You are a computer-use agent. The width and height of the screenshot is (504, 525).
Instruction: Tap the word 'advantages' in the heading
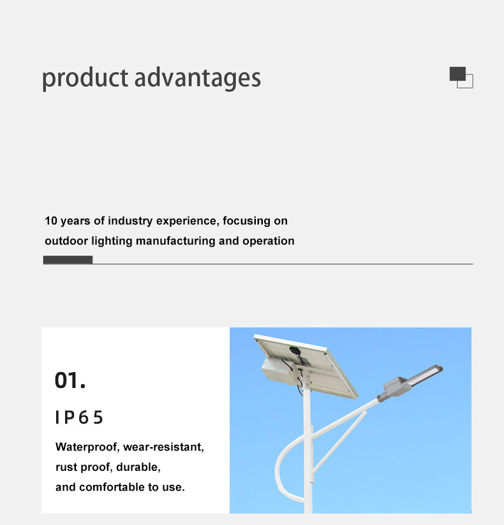[198, 79]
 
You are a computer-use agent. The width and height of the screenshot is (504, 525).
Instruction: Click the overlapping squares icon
[461, 77]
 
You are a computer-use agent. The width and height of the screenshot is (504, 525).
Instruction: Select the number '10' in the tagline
[51, 221]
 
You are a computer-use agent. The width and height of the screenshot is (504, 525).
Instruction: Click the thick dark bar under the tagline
[68, 260]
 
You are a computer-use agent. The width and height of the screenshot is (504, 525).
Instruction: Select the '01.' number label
[70, 381]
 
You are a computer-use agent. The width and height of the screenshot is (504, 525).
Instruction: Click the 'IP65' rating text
[79, 417]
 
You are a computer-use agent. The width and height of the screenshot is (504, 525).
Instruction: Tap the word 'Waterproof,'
[87, 447]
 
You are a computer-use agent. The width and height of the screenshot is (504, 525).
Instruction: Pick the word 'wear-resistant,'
[164, 447]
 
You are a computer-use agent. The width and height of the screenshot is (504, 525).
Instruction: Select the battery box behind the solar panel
[278, 371]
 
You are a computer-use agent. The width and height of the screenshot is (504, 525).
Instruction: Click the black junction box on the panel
[294, 351]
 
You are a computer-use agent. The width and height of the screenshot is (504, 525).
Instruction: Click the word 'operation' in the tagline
[268, 241]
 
